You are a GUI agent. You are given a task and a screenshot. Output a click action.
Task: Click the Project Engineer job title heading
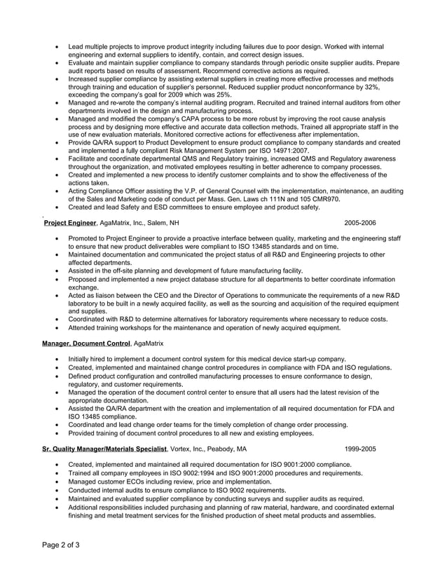click(69, 223)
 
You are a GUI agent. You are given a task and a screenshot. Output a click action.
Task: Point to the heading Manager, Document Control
click(86, 344)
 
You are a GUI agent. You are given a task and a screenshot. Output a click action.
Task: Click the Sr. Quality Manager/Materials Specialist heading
click(104, 448)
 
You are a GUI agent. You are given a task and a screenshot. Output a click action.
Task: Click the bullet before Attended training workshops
click(57, 327)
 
